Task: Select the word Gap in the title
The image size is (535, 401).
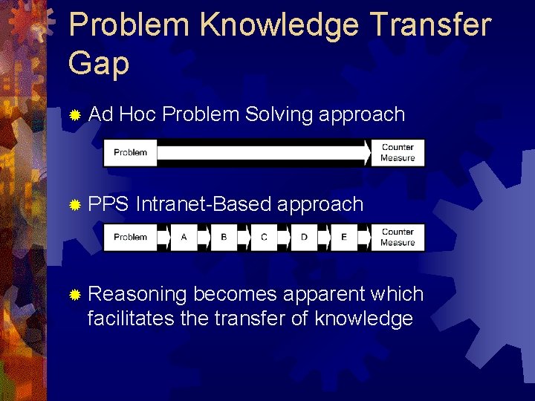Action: point(98,64)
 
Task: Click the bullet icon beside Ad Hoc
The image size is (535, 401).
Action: point(74,115)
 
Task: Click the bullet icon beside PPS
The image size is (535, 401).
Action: point(74,204)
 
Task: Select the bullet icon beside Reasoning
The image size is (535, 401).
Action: point(74,295)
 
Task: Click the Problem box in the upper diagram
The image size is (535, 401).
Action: point(130,153)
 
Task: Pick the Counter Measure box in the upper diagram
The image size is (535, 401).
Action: point(398,153)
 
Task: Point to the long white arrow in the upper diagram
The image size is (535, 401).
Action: point(264,153)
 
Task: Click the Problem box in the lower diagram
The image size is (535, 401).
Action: point(130,238)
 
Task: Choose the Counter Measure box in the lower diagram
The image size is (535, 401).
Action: point(398,238)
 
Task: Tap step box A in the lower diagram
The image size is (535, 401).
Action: point(184,238)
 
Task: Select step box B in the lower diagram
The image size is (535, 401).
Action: point(224,238)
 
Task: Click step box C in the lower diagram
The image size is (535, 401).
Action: point(264,238)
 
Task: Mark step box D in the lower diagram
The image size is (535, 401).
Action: point(304,238)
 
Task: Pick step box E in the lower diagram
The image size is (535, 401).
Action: point(343,238)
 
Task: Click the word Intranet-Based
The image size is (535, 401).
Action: point(204,204)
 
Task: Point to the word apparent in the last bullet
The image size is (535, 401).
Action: point(317,295)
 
